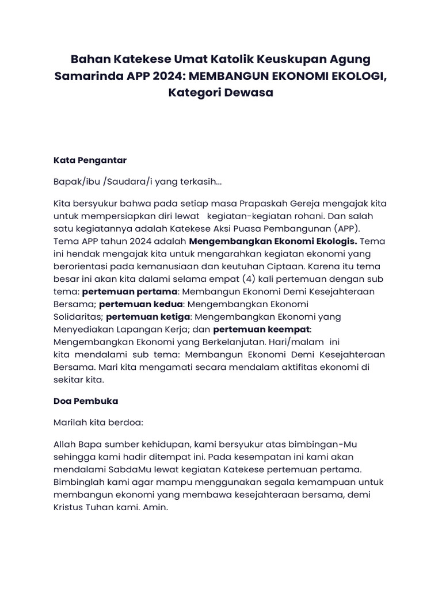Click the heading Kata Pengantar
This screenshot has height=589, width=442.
click(x=90, y=159)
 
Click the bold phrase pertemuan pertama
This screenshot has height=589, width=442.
click(x=129, y=292)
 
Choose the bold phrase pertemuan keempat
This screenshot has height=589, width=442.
click(x=262, y=329)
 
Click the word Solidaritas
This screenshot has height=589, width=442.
click(x=78, y=316)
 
